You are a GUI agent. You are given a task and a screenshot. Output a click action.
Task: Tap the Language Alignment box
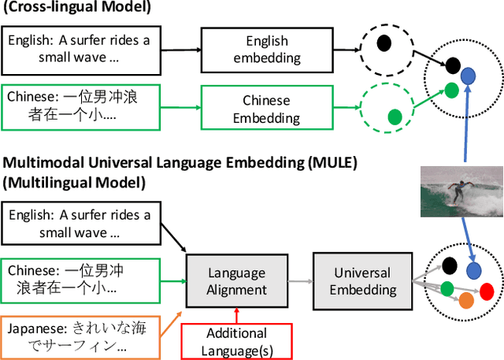tap(237, 281)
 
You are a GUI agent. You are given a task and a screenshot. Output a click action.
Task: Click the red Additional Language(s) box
tap(235, 340)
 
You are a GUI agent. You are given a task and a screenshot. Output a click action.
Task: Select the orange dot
tap(466, 300)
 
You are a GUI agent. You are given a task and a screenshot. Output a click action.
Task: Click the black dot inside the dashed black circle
tap(383, 43)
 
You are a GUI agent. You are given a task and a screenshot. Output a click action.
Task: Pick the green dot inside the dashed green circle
tap(395, 117)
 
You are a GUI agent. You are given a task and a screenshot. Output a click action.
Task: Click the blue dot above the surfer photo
tap(468, 76)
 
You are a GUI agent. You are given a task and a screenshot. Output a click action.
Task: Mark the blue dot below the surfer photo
tap(472, 269)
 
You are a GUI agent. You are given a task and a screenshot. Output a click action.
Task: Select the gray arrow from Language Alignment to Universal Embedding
tap(300, 281)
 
